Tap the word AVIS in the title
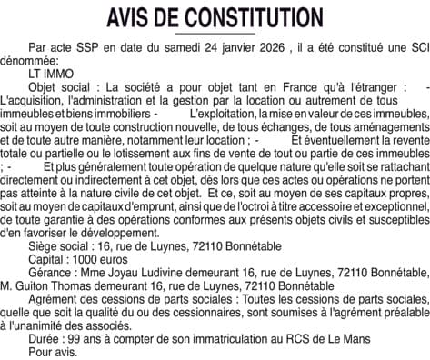click(131, 17)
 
